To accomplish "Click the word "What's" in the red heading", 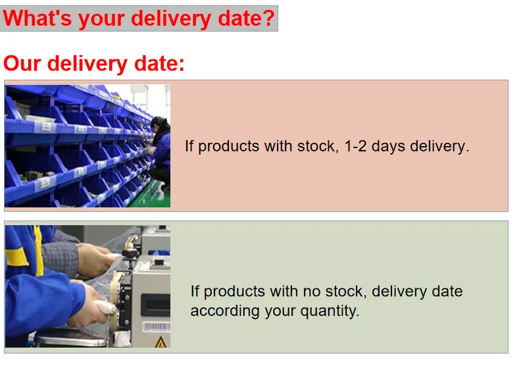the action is [x=37, y=18].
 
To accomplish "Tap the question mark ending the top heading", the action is [x=268, y=18].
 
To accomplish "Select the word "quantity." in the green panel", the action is [x=330, y=311].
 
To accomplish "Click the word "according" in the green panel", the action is [x=225, y=311].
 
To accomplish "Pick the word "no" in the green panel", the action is [x=312, y=292].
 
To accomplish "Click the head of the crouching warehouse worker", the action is [x=160, y=124].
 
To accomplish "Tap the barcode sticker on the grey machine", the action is [x=157, y=327].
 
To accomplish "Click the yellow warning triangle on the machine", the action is [x=161, y=342].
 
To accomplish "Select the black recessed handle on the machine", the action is [x=155, y=304].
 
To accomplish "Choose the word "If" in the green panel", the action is [x=194, y=291].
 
